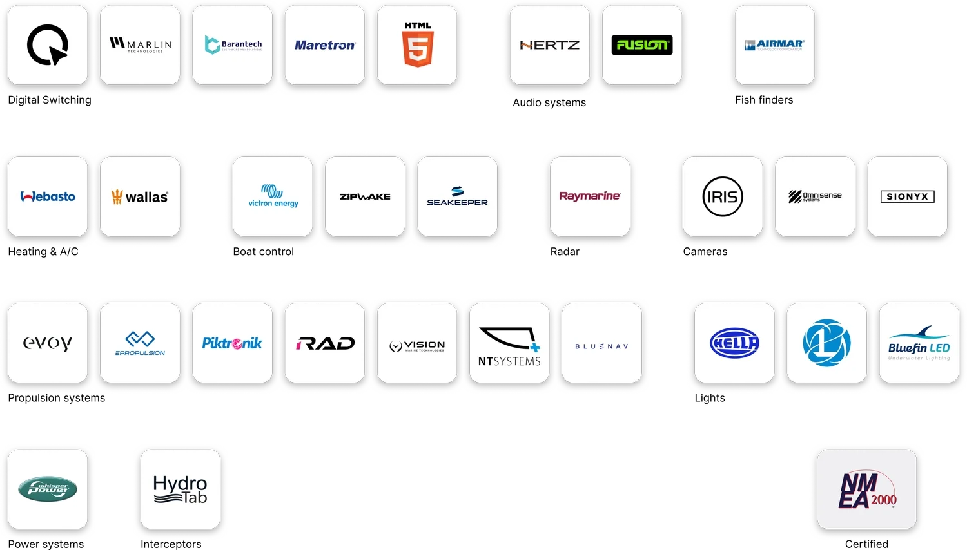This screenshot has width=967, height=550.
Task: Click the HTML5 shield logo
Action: click(418, 45)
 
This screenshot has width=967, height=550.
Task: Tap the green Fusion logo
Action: click(641, 45)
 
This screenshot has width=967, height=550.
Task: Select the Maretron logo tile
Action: click(325, 45)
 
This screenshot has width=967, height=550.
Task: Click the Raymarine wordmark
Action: click(589, 196)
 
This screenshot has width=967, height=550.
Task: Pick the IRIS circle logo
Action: click(722, 196)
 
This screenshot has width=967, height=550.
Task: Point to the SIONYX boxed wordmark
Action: click(907, 196)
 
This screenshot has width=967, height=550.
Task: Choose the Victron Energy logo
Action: click(273, 196)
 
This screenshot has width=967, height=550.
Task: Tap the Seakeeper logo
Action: click(457, 196)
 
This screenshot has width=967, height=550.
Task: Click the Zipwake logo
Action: click(365, 196)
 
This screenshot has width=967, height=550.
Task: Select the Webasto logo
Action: click(48, 196)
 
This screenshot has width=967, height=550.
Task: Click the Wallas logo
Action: click(140, 196)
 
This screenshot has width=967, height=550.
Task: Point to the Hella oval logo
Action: click(734, 343)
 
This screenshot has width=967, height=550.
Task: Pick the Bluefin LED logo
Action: click(919, 343)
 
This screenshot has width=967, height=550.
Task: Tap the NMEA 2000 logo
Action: click(867, 490)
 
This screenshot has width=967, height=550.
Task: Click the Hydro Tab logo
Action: click(181, 489)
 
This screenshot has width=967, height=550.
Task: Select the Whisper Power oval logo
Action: click(48, 489)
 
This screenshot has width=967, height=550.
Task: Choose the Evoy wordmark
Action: click(48, 343)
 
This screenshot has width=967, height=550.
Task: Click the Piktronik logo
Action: click(232, 343)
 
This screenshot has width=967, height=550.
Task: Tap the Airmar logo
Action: click(774, 45)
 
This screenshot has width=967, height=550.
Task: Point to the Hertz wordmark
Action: click(549, 45)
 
